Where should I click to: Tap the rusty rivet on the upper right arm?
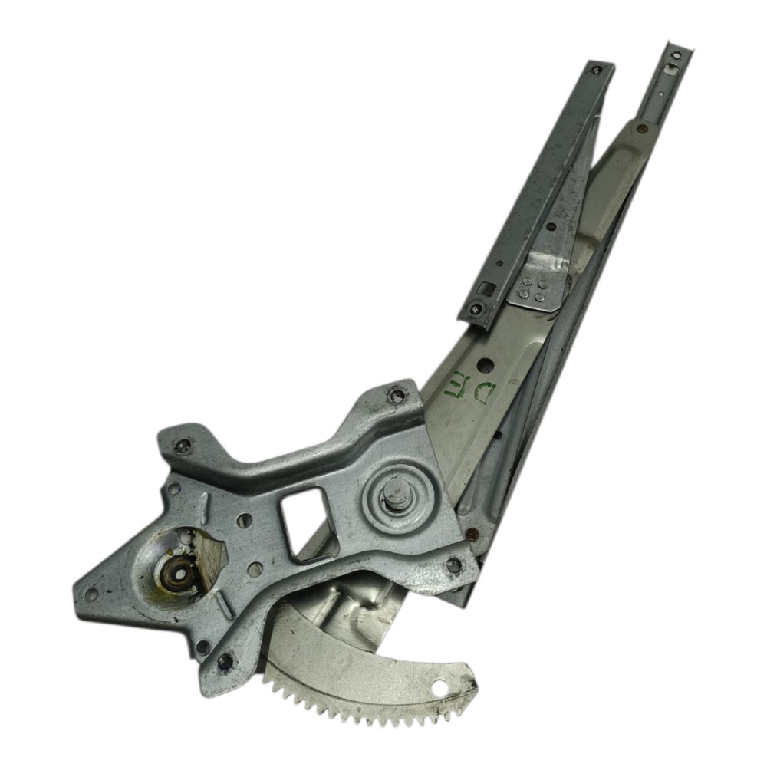643,129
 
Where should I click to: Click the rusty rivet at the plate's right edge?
472,533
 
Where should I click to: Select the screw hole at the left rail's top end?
596,70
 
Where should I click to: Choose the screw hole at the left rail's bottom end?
476,308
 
